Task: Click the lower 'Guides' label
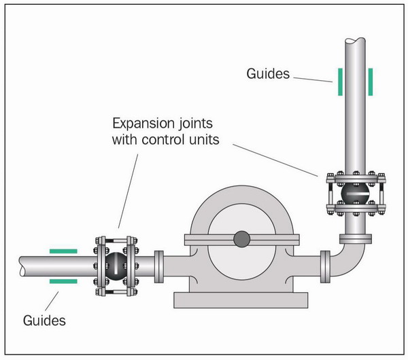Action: pyautogui.click(x=45, y=319)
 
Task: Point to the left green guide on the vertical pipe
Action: pyautogui.click(x=338, y=82)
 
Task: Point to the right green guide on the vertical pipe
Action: pyautogui.click(x=371, y=82)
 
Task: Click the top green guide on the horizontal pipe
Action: pyautogui.click(x=63, y=250)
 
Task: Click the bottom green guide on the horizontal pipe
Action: pyautogui.click(x=63, y=280)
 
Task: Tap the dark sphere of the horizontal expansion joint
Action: pyautogui.click(x=116, y=264)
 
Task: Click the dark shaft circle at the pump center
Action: pyautogui.click(x=241, y=238)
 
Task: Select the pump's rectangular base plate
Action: pyautogui.click(x=241, y=298)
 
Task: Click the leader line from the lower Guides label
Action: pyautogui.click(x=54, y=299)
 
